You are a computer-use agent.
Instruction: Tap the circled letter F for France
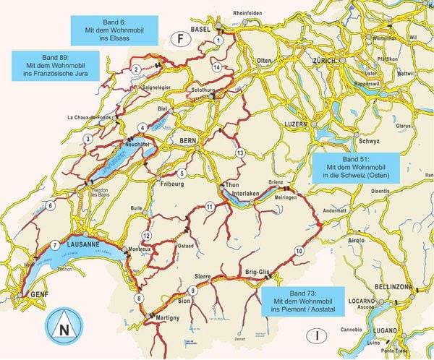click(178, 39)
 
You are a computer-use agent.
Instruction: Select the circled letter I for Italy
click(315, 334)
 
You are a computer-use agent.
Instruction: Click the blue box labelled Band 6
click(114, 29)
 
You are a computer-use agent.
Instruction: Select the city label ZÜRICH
click(323, 60)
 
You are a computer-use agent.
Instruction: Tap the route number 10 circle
click(299, 251)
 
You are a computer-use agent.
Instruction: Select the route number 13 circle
click(240, 152)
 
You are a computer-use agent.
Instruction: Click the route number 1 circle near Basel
click(218, 40)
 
